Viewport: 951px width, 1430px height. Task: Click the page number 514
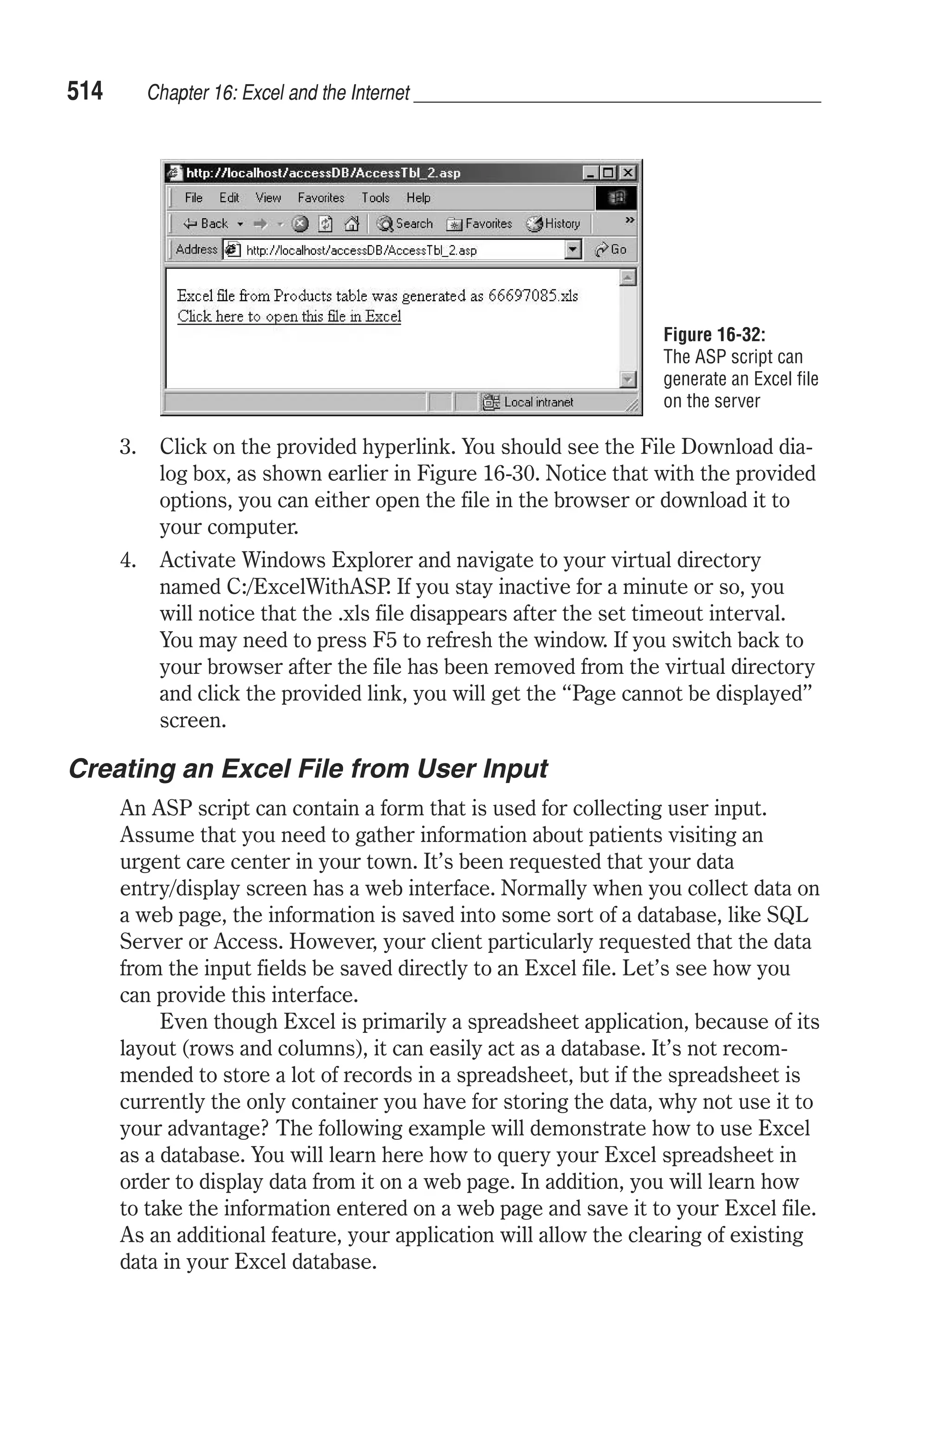pyautogui.click(x=85, y=91)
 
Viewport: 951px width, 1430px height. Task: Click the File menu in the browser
pyautogui.click(x=194, y=198)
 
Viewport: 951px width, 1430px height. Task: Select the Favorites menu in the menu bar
pyautogui.click(x=321, y=198)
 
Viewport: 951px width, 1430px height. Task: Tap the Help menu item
pyautogui.click(x=418, y=198)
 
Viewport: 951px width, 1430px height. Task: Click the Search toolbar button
pyautogui.click(x=404, y=224)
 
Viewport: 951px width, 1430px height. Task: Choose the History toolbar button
pyautogui.click(x=553, y=224)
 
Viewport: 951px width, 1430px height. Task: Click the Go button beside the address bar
pyautogui.click(x=612, y=249)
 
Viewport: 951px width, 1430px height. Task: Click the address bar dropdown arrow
pyautogui.click(x=573, y=249)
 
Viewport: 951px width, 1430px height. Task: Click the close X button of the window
pyautogui.click(x=629, y=173)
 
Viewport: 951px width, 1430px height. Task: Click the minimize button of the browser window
pyautogui.click(x=590, y=173)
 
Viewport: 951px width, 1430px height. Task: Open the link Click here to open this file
pyautogui.click(x=289, y=317)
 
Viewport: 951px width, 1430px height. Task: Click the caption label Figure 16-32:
pyautogui.click(x=714, y=335)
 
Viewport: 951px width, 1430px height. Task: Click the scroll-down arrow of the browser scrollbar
pyautogui.click(x=628, y=379)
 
